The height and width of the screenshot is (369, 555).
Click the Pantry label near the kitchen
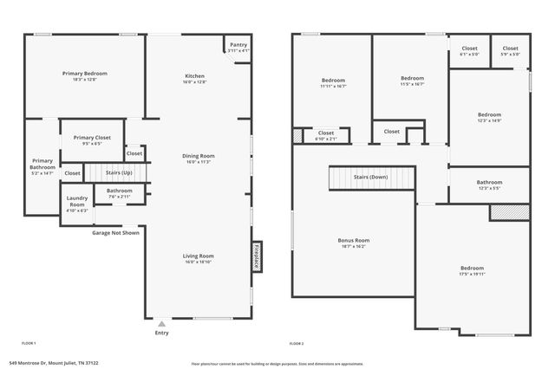[x=238, y=45]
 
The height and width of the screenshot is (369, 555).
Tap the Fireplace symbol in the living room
[x=257, y=256]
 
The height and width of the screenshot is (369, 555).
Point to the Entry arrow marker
[x=161, y=324]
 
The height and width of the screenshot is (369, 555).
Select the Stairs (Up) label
[x=120, y=172]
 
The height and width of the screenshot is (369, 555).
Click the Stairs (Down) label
[x=370, y=177]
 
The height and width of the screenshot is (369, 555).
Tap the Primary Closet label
[x=91, y=138]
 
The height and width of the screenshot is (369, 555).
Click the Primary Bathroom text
[x=42, y=164]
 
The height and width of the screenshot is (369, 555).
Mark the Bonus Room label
[x=353, y=240]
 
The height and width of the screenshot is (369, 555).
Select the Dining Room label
[x=199, y=156]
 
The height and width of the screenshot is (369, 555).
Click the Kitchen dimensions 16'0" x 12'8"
[x=199, y=82]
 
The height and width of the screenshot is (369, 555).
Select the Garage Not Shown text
[x=116, y=232]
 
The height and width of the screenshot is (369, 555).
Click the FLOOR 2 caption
[x=297, y=343]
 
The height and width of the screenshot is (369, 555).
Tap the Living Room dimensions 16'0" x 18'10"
[x=199, y=262]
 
